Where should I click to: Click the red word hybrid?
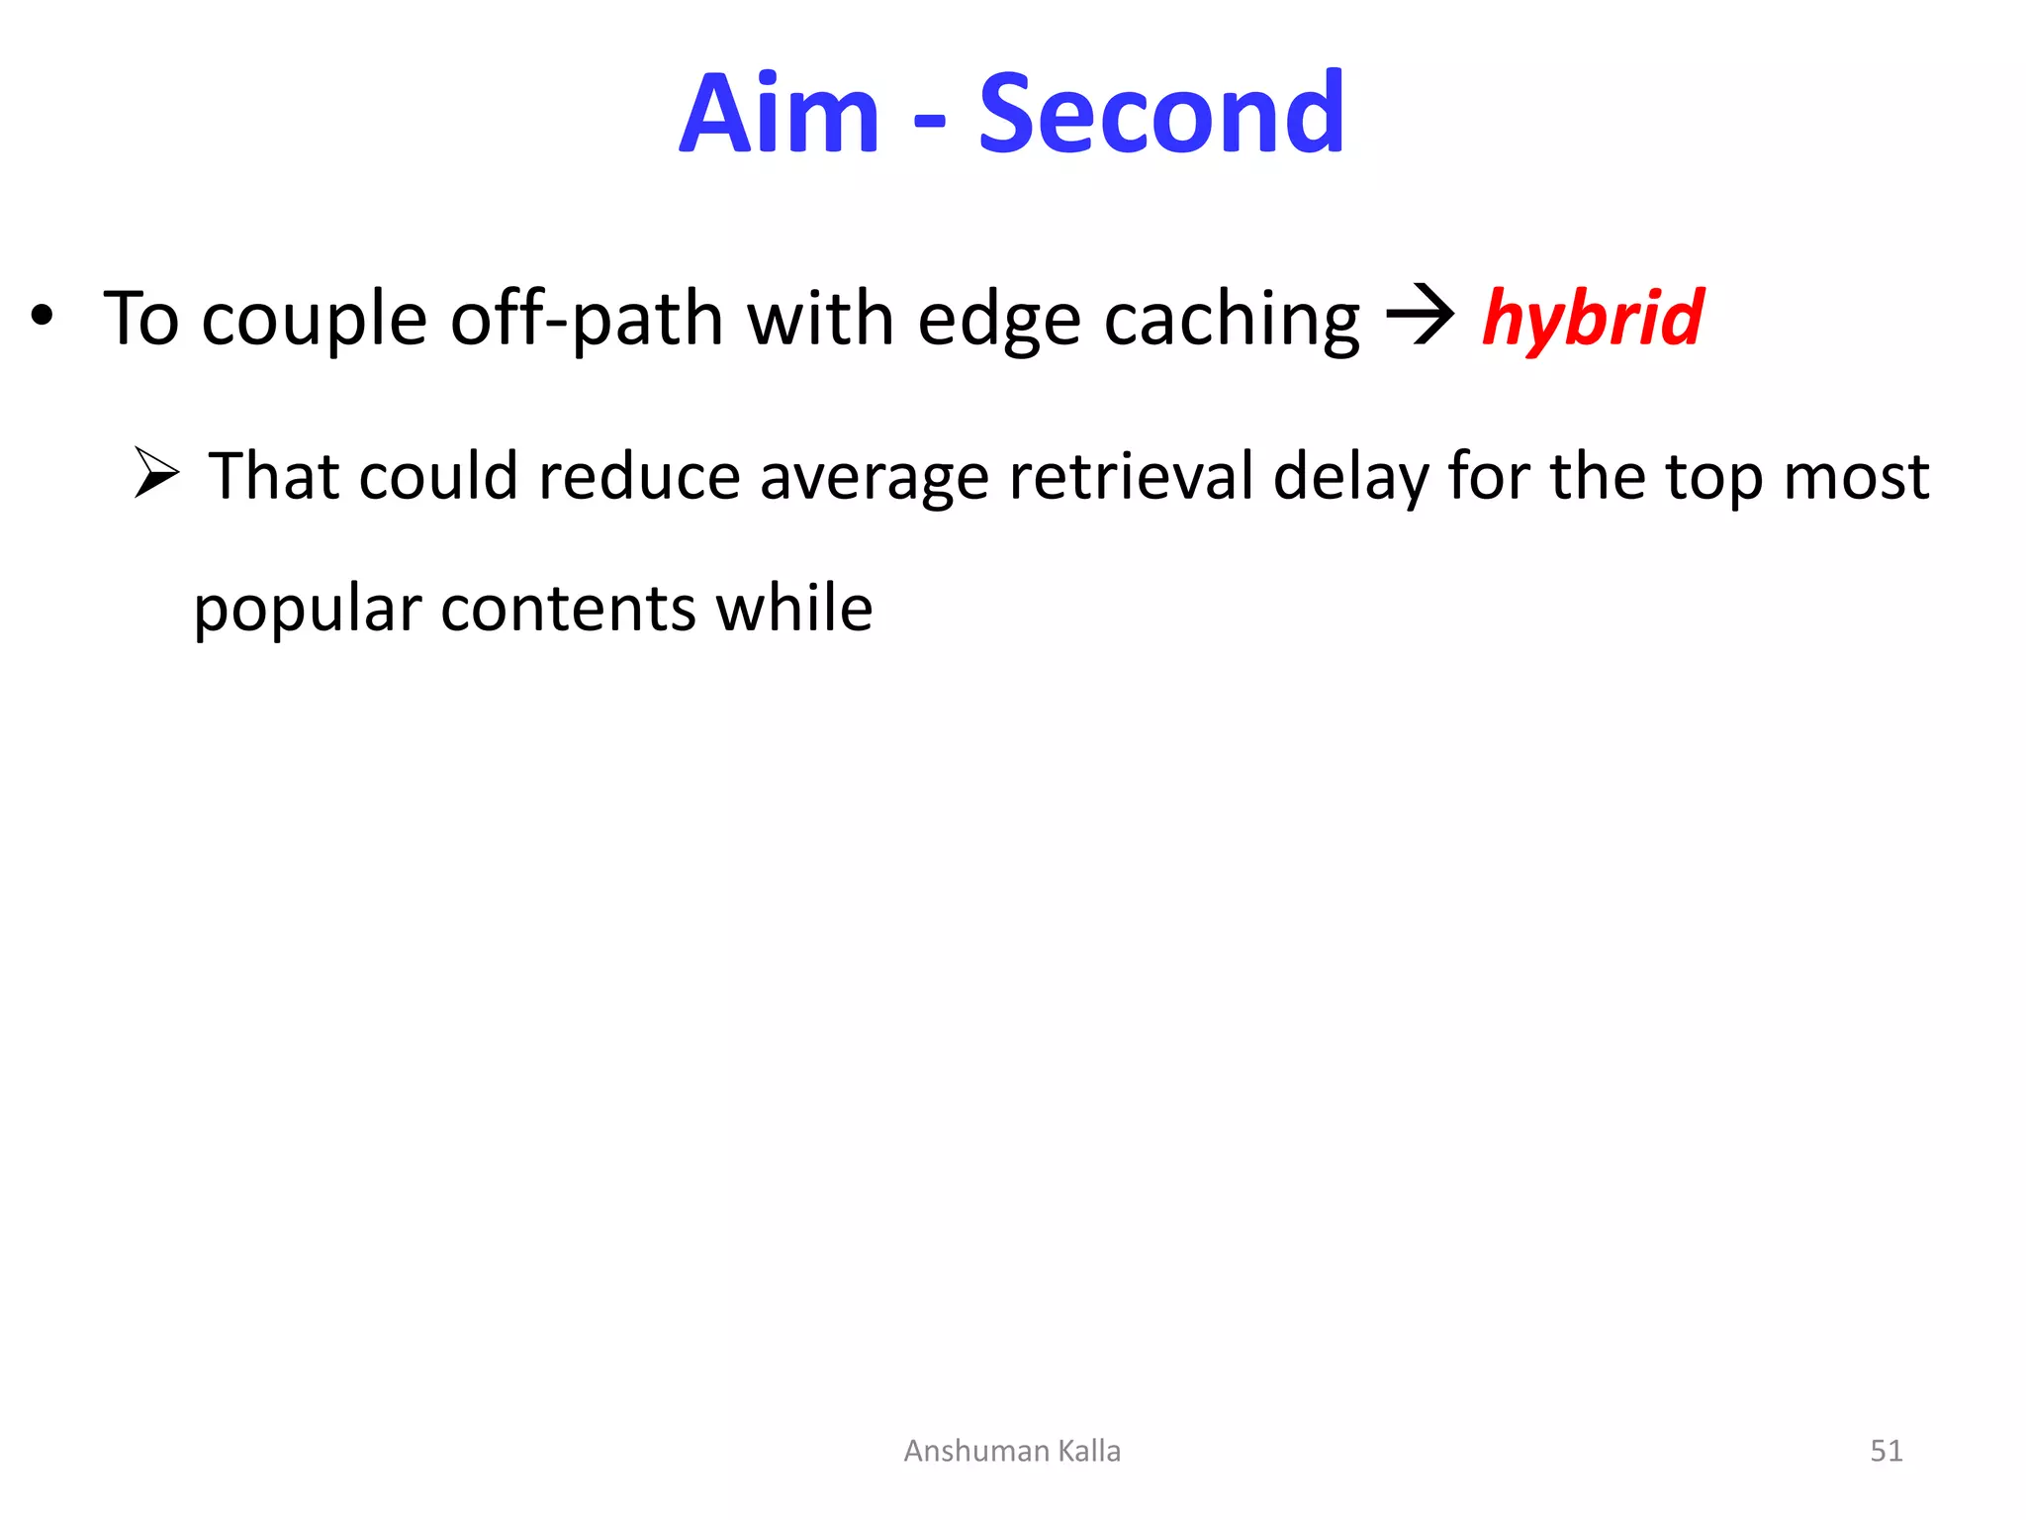[x=1593, y=319]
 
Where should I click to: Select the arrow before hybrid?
[x=1421, y=316]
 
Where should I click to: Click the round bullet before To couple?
[x=42, y=317]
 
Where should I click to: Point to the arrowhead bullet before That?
[x=157, y=472]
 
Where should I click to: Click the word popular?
[x=308, y=610]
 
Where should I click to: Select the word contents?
[x=568, y=608]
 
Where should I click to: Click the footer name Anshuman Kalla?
[x=1012, y=1451]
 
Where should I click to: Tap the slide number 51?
[x=1886, y=1451]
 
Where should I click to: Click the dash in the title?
[x=929, y=123]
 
